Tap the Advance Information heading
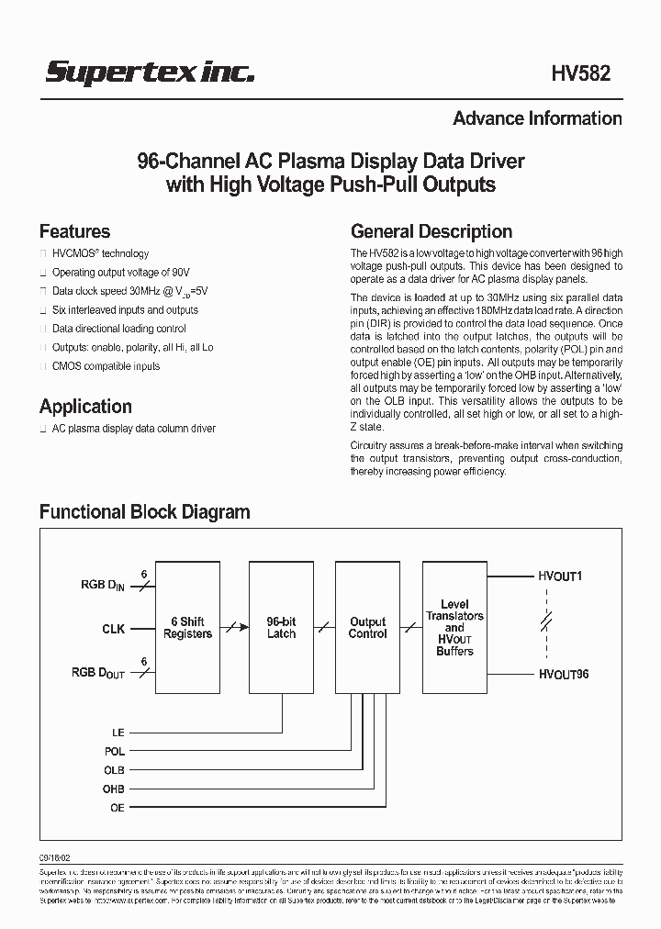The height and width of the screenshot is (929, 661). (537, 118)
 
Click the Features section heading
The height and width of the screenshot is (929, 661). (74, 231)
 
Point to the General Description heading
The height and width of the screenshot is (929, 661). (431, 231)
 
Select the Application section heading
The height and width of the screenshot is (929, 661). (85, 406)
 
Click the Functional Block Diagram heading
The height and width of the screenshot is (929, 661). (144, 511)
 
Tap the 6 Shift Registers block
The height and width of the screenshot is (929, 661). (187, 628)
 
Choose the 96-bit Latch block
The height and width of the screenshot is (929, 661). (281, 628)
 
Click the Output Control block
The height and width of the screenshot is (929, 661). (367, 628)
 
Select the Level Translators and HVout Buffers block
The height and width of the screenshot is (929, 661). (454, 628)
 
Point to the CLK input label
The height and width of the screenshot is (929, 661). (113, 630)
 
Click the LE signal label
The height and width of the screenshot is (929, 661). (117, 732)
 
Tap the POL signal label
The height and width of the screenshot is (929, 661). (114, 751)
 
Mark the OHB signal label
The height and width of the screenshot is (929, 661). (114, 789)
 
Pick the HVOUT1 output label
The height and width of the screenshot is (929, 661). (561, 576)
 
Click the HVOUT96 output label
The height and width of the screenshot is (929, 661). (564, 675)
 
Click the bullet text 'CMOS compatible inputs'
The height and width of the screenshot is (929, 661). (106, 366)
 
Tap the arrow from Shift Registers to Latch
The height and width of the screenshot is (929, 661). (234, 628)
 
